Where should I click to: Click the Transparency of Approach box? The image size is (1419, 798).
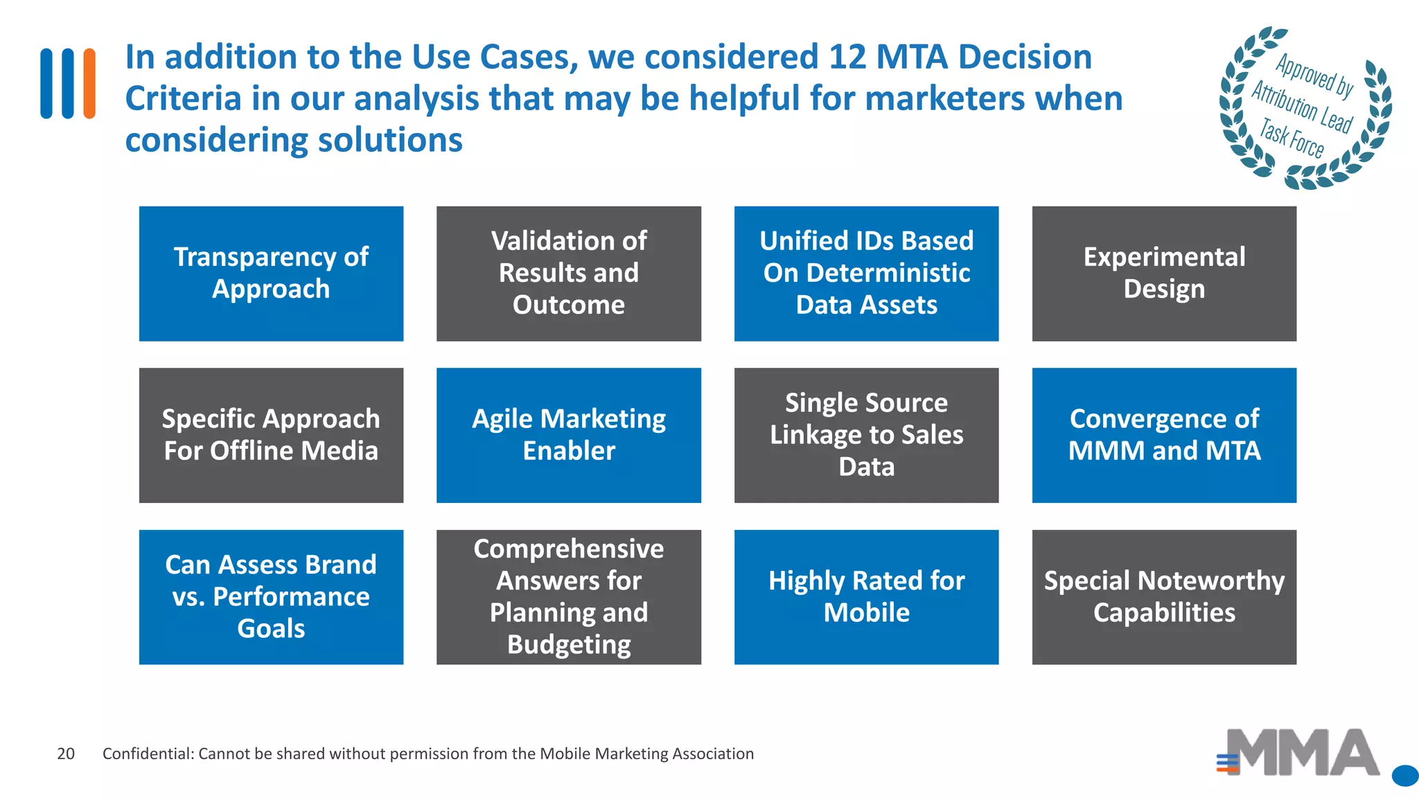271,273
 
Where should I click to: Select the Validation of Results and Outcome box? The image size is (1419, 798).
568,273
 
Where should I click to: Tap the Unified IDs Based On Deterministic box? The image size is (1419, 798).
866,273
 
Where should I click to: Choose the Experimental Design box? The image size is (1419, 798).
1164,273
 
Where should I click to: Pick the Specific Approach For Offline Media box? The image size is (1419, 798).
271,435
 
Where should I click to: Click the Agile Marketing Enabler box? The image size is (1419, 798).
568,435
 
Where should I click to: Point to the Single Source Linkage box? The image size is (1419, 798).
866,435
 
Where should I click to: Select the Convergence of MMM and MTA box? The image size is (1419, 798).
1164,435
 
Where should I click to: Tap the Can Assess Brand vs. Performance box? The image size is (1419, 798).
271,596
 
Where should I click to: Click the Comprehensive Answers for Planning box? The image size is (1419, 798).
568,596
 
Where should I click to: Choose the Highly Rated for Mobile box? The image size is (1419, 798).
866,596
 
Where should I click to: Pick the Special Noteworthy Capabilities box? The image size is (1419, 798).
1164,596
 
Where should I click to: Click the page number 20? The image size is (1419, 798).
66,754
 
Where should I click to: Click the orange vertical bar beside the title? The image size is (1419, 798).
89,83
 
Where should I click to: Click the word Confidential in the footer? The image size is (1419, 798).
146,754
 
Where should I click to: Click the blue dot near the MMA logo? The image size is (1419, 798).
1404,776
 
